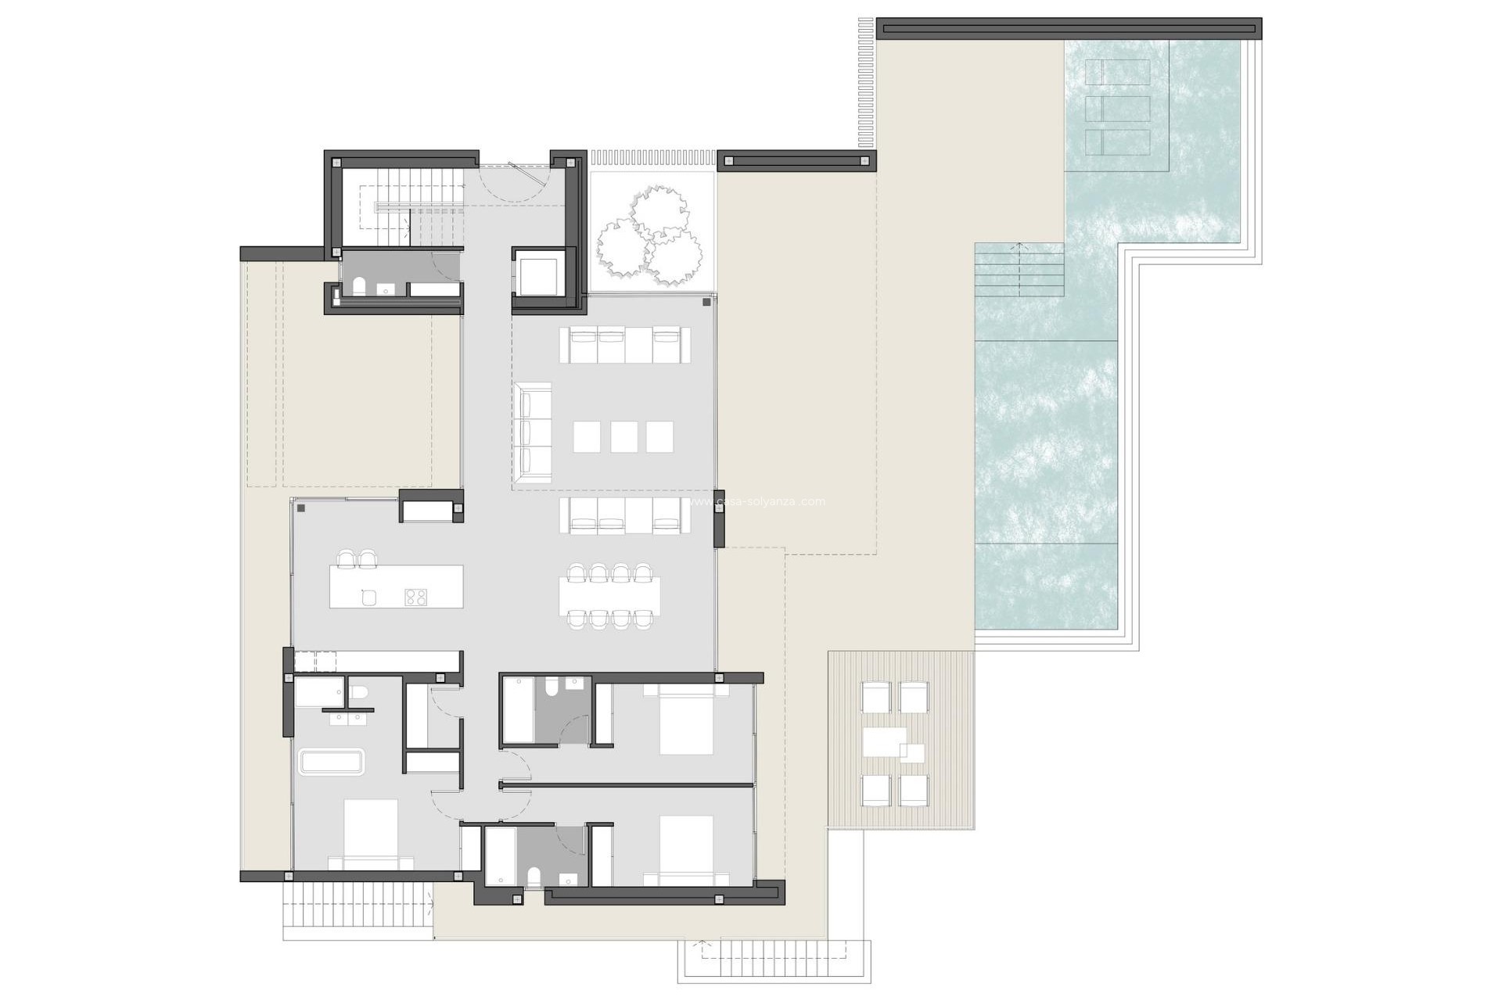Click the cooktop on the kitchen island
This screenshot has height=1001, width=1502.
coord(415,597)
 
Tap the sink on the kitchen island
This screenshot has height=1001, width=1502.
coord(369,597)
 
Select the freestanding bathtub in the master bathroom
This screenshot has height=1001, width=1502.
coord(332,762)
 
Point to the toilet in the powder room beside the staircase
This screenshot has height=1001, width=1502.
coord(359,287)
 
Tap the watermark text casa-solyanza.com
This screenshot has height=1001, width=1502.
coord(770,501)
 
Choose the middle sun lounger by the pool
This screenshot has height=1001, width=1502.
coord(1118,108)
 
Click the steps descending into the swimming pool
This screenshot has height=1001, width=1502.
coord(1019,269)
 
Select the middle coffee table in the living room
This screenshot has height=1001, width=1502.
coord(623,437)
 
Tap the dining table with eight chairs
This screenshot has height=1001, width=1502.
coord(610,597)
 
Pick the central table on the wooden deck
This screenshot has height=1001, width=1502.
coord(885,741)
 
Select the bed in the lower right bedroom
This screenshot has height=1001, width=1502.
coord(685,849)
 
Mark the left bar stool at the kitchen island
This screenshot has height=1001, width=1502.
coord(346,558)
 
